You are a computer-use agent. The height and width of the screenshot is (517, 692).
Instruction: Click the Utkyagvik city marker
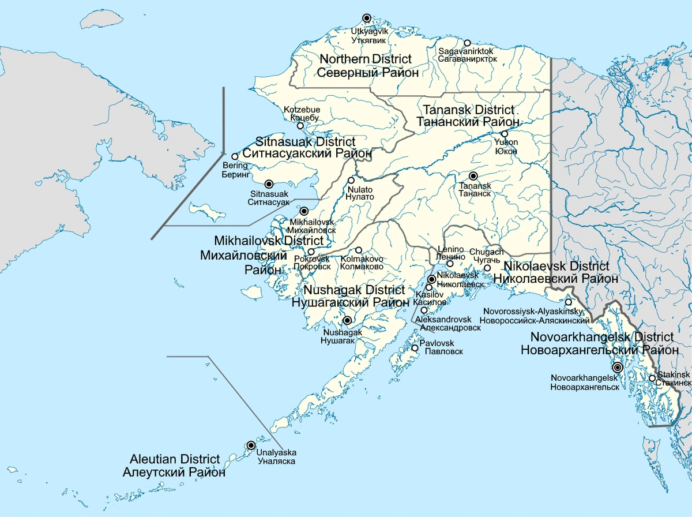click(x=366, y=18)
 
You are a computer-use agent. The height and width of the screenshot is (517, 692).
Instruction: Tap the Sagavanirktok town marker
click(x=467, y=43)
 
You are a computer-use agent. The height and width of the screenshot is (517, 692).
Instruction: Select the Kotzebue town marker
click(x=300, y=125)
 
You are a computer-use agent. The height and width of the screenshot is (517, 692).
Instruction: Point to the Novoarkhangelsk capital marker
click(x=617, y=367)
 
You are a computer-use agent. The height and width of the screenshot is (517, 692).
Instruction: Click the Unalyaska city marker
click(x=250, y=445)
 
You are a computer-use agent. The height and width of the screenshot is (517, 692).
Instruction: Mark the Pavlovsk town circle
click(x=415, y=348)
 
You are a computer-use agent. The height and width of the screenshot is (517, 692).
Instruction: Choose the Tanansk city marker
click(x=473, y=176)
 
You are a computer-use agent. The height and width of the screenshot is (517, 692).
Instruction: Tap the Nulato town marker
click(x=351, y=180)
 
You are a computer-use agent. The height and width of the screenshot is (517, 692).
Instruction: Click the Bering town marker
click(x=235, y=156)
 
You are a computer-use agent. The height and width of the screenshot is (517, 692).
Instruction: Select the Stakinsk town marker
click(x=652, y=379)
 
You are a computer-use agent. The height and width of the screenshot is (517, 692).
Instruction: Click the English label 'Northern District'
click(x=366, y=59)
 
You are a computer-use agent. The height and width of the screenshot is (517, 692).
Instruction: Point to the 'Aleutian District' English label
click(x=175, y=459)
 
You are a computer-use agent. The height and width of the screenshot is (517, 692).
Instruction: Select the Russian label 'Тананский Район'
click(x=468, y=122)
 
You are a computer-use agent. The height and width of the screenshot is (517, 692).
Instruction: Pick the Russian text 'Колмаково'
click(x=362, y=267)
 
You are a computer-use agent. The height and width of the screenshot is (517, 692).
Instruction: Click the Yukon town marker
click(x=504, y=134)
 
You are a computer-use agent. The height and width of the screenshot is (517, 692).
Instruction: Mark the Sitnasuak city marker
click(x=268, y=183)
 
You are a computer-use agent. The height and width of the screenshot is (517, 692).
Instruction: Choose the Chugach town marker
click(x=487, y=268)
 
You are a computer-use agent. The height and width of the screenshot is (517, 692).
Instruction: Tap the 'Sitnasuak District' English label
click(x=305, y=142)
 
